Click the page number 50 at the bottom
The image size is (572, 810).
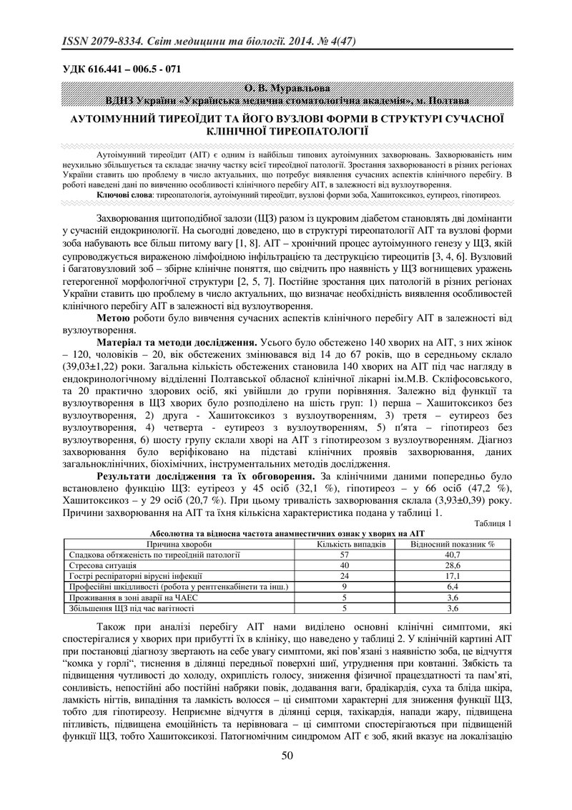[x=287, y=776]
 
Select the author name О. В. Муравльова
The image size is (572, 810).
[x=286, y=87]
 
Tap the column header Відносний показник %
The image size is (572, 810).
[x=453, y=544]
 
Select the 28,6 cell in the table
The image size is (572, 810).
[x=453, y=565]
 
